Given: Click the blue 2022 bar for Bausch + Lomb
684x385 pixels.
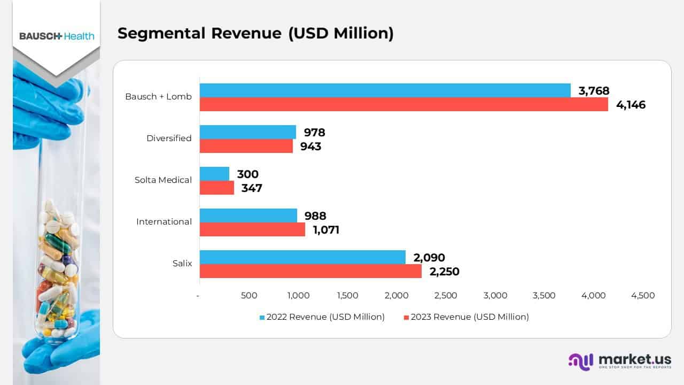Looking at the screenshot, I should (x=385, y=90).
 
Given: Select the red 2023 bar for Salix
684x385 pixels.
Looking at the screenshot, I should (x=310, y=271).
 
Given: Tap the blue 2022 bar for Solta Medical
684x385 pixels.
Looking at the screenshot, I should (x=214, y=174).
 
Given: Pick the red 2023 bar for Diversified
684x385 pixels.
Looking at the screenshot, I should (x=246, y=146).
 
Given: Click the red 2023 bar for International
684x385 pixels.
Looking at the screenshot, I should (x=252, y=229).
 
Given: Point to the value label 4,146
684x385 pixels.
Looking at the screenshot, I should (x=631, y=105).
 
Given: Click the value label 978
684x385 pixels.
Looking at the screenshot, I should (x=314, y=133).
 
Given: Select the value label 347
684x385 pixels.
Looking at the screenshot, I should (x=251, y=188).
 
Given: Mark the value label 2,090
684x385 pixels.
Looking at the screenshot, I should (x=429, y=258).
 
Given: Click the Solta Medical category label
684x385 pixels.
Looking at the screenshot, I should (x=163, y=180).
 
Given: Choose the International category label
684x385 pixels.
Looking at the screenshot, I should (x=164, y=222).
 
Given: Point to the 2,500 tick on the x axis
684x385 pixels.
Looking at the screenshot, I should (x=446, y=296).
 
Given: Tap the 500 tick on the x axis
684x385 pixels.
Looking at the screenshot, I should (x=249, y=296).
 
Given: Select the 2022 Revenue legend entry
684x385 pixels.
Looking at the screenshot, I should (x=322, y=317).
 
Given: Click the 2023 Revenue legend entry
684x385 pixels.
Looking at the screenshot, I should (x=466, y=317).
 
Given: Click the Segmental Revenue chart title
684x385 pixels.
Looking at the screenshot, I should (x=255, y=33).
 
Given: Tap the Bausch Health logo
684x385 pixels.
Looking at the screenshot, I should (x=57, y=36).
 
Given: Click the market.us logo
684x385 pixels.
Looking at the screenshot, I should (x=620, y=361).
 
